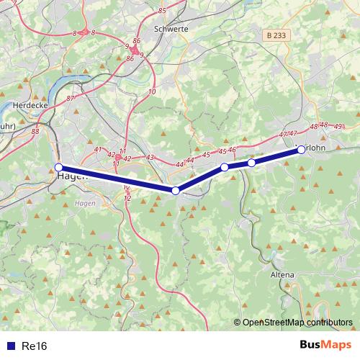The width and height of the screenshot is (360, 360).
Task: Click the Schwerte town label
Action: tap(171, 30)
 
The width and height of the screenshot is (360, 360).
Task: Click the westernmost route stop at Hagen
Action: tap(59, 168)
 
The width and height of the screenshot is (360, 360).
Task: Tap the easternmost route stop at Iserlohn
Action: tap(301, 150)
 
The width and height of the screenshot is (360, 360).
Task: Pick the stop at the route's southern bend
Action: tap(176, 191)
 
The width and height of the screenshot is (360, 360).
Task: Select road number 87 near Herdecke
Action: tap(70, 98)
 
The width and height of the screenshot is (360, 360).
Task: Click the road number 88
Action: tap(36, 131)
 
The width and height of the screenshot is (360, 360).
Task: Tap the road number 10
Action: tap(151, 92)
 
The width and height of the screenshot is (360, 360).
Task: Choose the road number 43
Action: tap(150, 157)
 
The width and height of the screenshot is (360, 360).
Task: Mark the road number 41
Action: tap(99, 150)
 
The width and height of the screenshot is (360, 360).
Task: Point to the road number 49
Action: tap(338, 127)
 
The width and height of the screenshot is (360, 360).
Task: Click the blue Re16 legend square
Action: tap(9, 346)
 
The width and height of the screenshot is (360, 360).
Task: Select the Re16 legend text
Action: tap(34, 346)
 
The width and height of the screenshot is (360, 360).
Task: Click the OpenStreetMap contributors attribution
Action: tap(297, 323)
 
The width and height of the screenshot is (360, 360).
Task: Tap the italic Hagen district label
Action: tap(84, 204)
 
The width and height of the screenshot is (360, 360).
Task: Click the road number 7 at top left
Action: tap(14, 3)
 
